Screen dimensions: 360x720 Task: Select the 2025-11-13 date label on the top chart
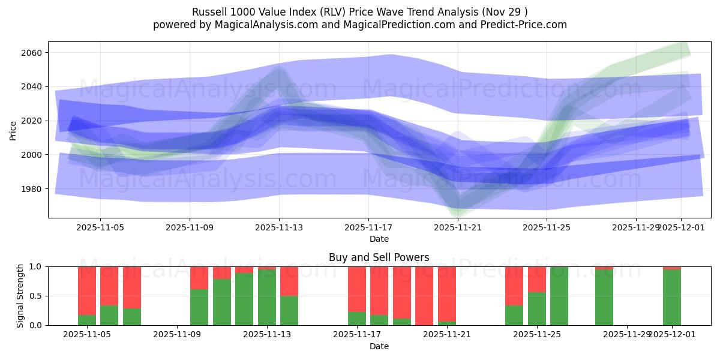coord(279,228)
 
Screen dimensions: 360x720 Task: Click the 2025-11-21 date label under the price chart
coord(458,228)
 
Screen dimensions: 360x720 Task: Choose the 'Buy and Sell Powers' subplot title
coord(379,257)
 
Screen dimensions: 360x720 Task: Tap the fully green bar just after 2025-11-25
coord(559,296)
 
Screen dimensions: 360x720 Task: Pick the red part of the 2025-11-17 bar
coord(357,288)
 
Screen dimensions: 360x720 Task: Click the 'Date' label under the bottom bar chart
coord(379,346)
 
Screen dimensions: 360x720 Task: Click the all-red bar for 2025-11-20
coord(424,296)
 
